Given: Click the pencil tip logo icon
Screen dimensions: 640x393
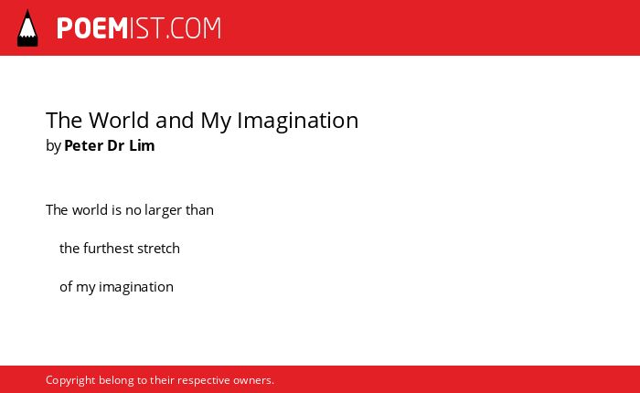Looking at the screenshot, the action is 27,28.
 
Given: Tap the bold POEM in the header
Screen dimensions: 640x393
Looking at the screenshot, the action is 92,28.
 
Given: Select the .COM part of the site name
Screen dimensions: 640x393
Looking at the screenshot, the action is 194,28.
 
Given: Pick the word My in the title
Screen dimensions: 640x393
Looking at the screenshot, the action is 216,122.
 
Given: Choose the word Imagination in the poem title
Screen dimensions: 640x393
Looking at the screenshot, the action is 297,122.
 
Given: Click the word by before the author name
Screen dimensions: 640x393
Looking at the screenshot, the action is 53,146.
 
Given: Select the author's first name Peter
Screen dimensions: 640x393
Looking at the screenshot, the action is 84,145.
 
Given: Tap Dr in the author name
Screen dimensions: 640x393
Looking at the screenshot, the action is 115,145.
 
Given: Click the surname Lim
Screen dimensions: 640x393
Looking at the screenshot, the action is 142,145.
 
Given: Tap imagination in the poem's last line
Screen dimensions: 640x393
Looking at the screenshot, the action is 136,287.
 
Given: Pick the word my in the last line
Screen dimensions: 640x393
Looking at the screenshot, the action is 86,288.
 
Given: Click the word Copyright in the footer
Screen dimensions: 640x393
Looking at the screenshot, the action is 70,381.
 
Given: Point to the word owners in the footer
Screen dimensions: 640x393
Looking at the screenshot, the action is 252,381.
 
